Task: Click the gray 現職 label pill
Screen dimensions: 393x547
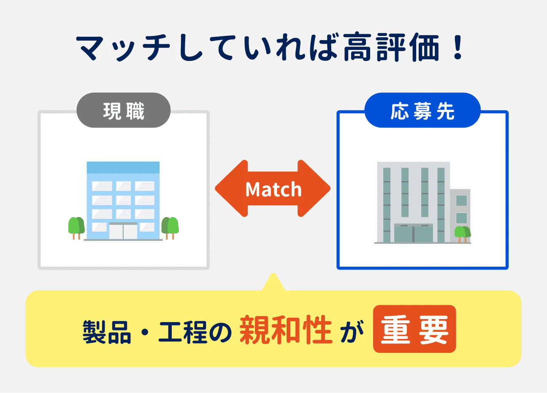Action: pos(123,111)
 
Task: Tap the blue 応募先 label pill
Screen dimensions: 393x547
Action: pos(422,111)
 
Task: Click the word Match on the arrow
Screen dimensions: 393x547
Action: pos(273,189)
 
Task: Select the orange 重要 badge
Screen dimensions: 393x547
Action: pos(414,329)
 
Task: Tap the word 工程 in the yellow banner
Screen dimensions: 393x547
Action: pos(183,331)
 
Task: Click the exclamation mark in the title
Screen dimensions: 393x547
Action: pos(457,47)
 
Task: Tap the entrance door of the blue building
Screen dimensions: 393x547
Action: pos(123,232)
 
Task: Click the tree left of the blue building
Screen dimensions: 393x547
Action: pos(76,227)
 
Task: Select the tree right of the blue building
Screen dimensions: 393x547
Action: pos(170,227)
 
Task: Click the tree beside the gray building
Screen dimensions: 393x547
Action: pos(462,234)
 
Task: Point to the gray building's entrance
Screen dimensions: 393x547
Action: pos(413,233)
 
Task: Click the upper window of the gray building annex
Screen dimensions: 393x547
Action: pos(461,200)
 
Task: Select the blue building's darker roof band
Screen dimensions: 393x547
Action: pos(123,167)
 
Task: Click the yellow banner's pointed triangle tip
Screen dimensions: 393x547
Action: pos(273,280)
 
